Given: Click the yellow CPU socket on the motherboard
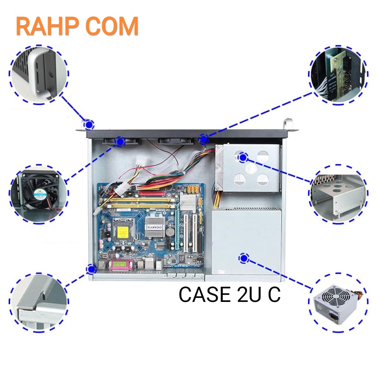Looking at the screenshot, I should pyautogui.click(x=123, y=231).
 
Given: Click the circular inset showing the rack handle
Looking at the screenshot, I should pyautogui.click(x=39, y=75).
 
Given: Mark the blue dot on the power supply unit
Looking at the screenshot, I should pyautogui.click(x=243, y=259).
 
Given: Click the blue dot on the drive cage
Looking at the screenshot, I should pyautogui.click(x=243, y=158).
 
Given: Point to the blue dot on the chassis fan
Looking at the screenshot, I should pyautogui.click(x=120, y=141).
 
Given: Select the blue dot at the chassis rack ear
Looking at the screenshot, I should pyautogui.click(x=88, y=124).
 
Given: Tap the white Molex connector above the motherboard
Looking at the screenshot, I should pyautogui.click(x=140, y=162).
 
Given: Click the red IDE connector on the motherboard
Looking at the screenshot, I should pyautogui.click(x=151, y=193).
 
